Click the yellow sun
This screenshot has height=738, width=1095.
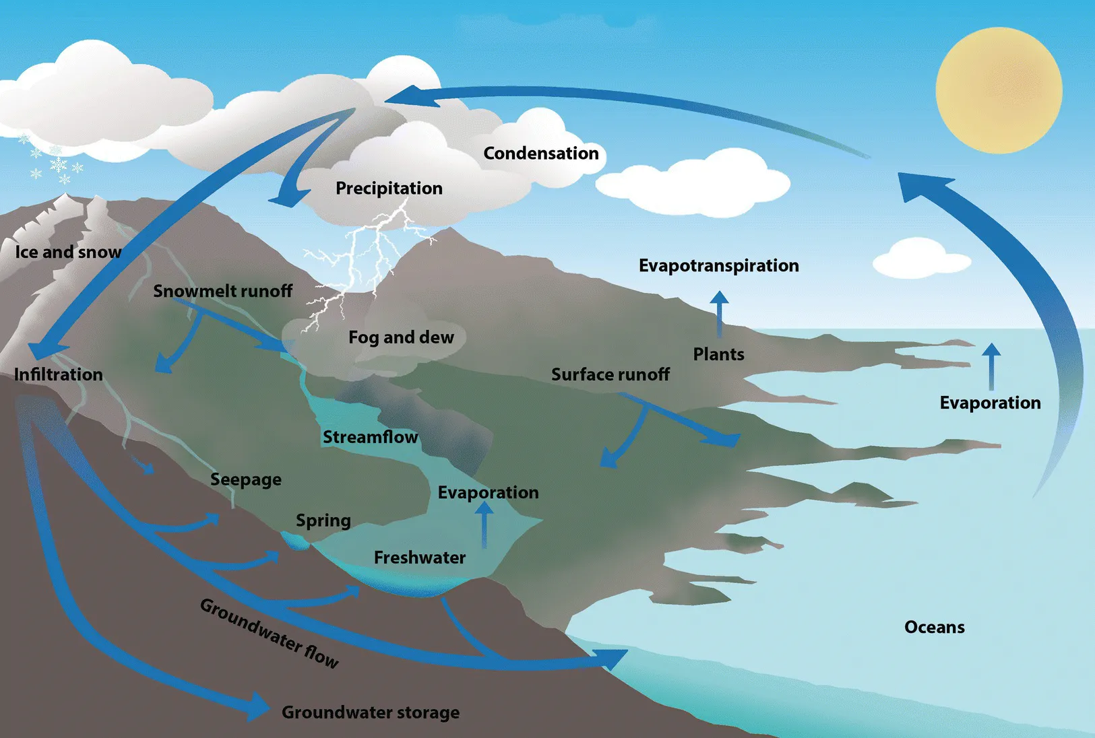(999, 90)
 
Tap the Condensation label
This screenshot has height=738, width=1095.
(541, 154)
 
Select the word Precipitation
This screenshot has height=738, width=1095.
(389, 188)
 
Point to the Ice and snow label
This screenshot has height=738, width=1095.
(68, 252)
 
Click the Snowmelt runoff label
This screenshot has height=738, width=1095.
(222, 291)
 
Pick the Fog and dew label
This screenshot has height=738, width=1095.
(401, 337)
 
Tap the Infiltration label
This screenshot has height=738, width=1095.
(59, 374)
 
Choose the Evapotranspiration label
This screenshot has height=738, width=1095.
(718, 265)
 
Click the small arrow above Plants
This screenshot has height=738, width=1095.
(719, 313)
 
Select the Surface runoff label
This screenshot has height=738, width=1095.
(611, 374)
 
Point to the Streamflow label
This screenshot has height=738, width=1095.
(370, 437)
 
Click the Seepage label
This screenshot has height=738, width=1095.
(246, 479)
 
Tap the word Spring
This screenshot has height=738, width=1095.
(323, 521)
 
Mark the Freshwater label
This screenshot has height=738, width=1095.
(420, 558)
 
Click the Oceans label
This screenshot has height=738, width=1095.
(934, 627)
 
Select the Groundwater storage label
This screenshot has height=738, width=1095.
(371, 712)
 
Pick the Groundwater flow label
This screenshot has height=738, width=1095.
(270, 634)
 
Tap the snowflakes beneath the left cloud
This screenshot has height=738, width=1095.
(54, 162)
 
